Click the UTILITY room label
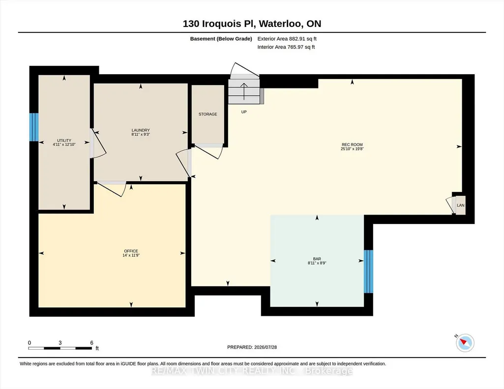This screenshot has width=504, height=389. (64, 140)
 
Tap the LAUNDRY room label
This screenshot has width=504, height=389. (141, 130)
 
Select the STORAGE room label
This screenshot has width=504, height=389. (208, 114)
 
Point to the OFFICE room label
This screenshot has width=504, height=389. (131, 251)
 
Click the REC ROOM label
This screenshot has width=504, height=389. (352, 144)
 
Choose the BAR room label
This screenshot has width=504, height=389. (317, 259)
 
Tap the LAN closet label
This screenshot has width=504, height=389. (461, 205)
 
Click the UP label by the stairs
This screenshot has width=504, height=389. (244, 112)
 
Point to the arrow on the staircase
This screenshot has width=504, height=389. (244, 91)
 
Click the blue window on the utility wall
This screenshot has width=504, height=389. (34, 127)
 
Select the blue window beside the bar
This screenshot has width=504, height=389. (368, 272)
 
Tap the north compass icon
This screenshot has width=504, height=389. (465, 343)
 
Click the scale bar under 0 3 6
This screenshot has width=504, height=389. (60, 348)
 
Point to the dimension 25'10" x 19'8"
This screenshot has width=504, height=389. (352, 149)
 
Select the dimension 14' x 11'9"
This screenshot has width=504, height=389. (131, 255)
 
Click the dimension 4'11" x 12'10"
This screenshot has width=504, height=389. (64, 145)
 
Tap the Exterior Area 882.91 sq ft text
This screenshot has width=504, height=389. (287, 39)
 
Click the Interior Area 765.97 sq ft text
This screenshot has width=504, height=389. (286, 47)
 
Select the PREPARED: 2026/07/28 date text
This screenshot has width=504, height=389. (252, 347)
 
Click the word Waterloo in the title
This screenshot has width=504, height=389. (280, 24)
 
